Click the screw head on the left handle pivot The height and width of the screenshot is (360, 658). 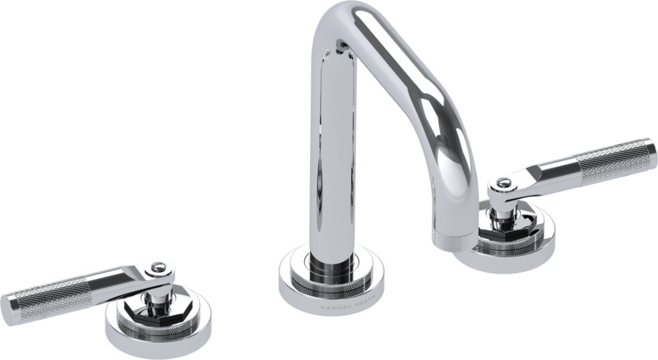point(155,268)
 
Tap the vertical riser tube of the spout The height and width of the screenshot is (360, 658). point(334,164)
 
